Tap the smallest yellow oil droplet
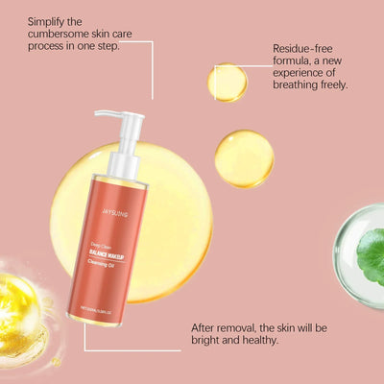click(228, 83)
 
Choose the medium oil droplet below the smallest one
click(244, 158)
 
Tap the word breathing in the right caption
click(299, 84)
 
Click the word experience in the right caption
click(310, 72)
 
